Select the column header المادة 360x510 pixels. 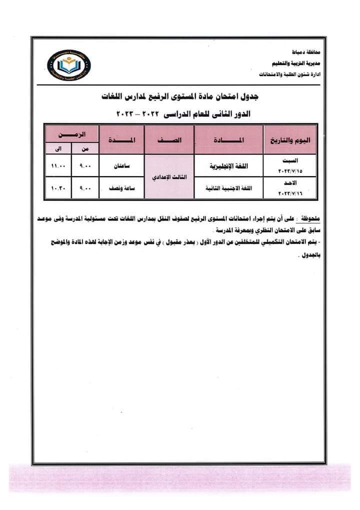pos(228,140)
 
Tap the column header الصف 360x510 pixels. pos(168,140)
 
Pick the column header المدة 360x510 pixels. pos(121,140)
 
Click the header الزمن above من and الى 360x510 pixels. pos(71,134)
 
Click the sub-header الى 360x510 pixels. pos(58,148)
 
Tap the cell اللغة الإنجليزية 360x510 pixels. pos(228,166)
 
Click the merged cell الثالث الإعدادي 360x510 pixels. pos(168,178)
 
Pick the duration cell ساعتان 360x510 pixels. pos(121,166)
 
